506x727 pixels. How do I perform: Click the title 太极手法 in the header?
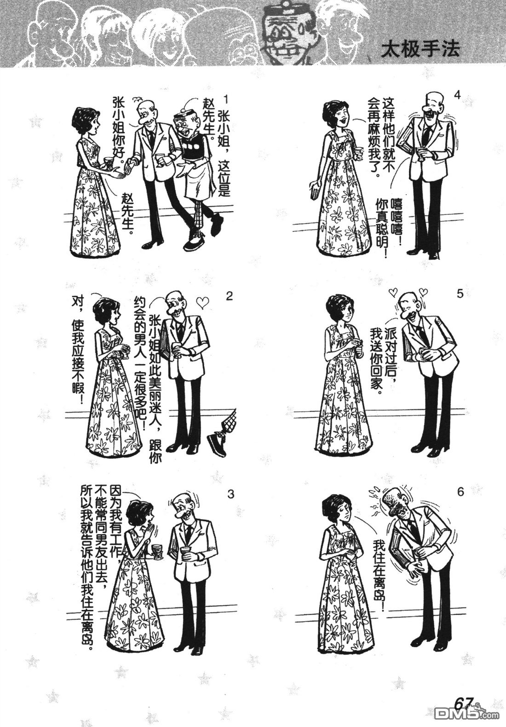click(420, 50)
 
